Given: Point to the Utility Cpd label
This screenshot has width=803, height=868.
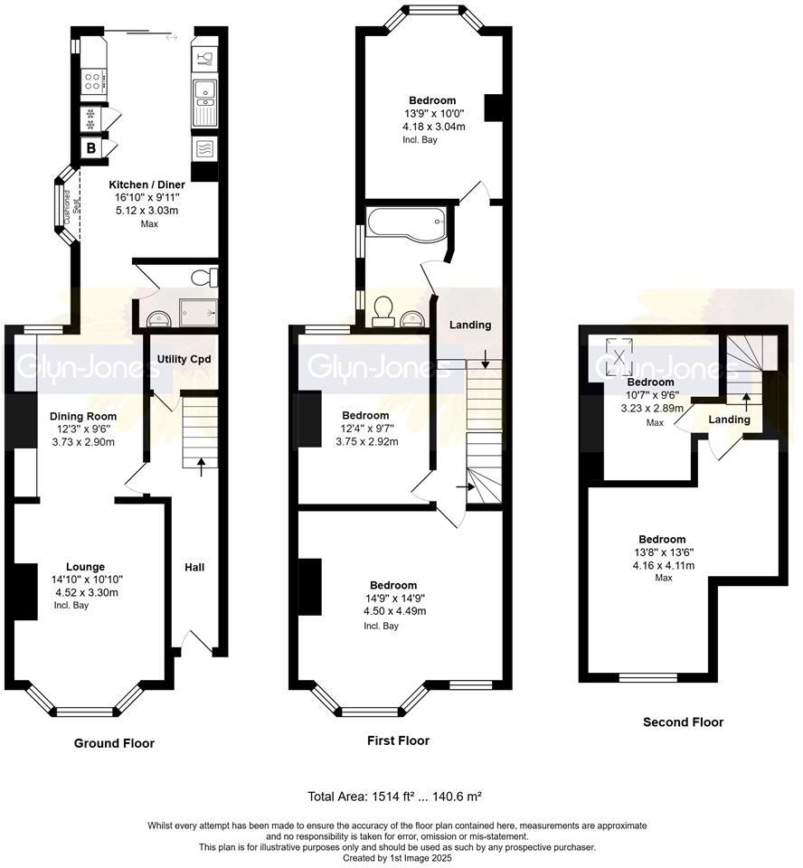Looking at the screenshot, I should (184, 359).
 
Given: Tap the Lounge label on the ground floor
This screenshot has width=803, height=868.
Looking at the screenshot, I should (85, 567).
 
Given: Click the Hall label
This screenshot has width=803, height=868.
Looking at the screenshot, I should (194, 567).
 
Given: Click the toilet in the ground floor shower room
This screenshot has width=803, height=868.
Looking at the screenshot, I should (211, 276).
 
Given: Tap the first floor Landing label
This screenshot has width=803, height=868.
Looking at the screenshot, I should (470, 325).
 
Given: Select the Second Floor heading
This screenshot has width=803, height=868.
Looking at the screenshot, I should (683, 722).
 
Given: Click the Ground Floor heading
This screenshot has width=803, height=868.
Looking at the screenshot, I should (114, 743).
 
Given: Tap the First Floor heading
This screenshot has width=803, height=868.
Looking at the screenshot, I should (398, 741).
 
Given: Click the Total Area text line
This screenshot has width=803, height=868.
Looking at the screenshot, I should (395, 797).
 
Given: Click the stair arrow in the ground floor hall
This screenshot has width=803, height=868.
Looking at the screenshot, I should (201, 463).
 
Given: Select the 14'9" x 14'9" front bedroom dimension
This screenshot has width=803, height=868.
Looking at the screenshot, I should (393, 598).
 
